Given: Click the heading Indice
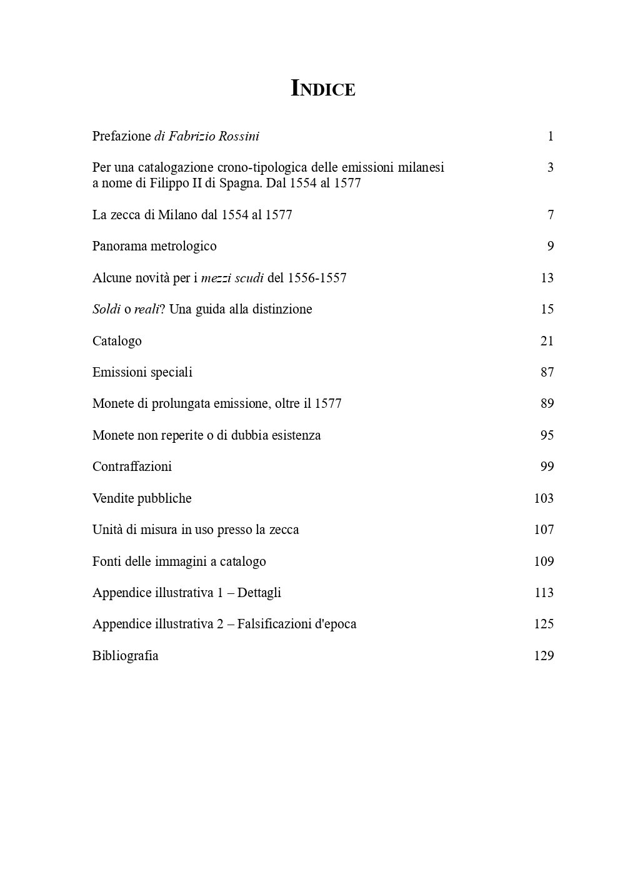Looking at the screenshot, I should tap(323, 89).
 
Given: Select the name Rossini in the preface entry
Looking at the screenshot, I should tap(238, 136).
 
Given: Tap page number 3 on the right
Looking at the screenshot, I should tap(550, 167).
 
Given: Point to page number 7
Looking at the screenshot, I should tap(550, 215).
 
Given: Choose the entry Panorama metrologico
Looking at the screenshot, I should tap(154, 246).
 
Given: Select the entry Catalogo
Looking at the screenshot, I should tap(117, 341).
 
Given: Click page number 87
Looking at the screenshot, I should tap(547, 372).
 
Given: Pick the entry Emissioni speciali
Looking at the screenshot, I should tap(142, 372).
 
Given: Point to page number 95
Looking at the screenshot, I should tap(547, 435).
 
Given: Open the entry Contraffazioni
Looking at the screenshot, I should tap(132, 467).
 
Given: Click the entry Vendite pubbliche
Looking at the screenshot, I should tap(142, 498).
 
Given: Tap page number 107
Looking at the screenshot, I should tap(544, 530).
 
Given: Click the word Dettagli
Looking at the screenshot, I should tap(259, 593).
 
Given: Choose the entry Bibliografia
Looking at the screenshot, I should tap(125, 656).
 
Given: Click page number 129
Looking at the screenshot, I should tap(544, 656).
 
